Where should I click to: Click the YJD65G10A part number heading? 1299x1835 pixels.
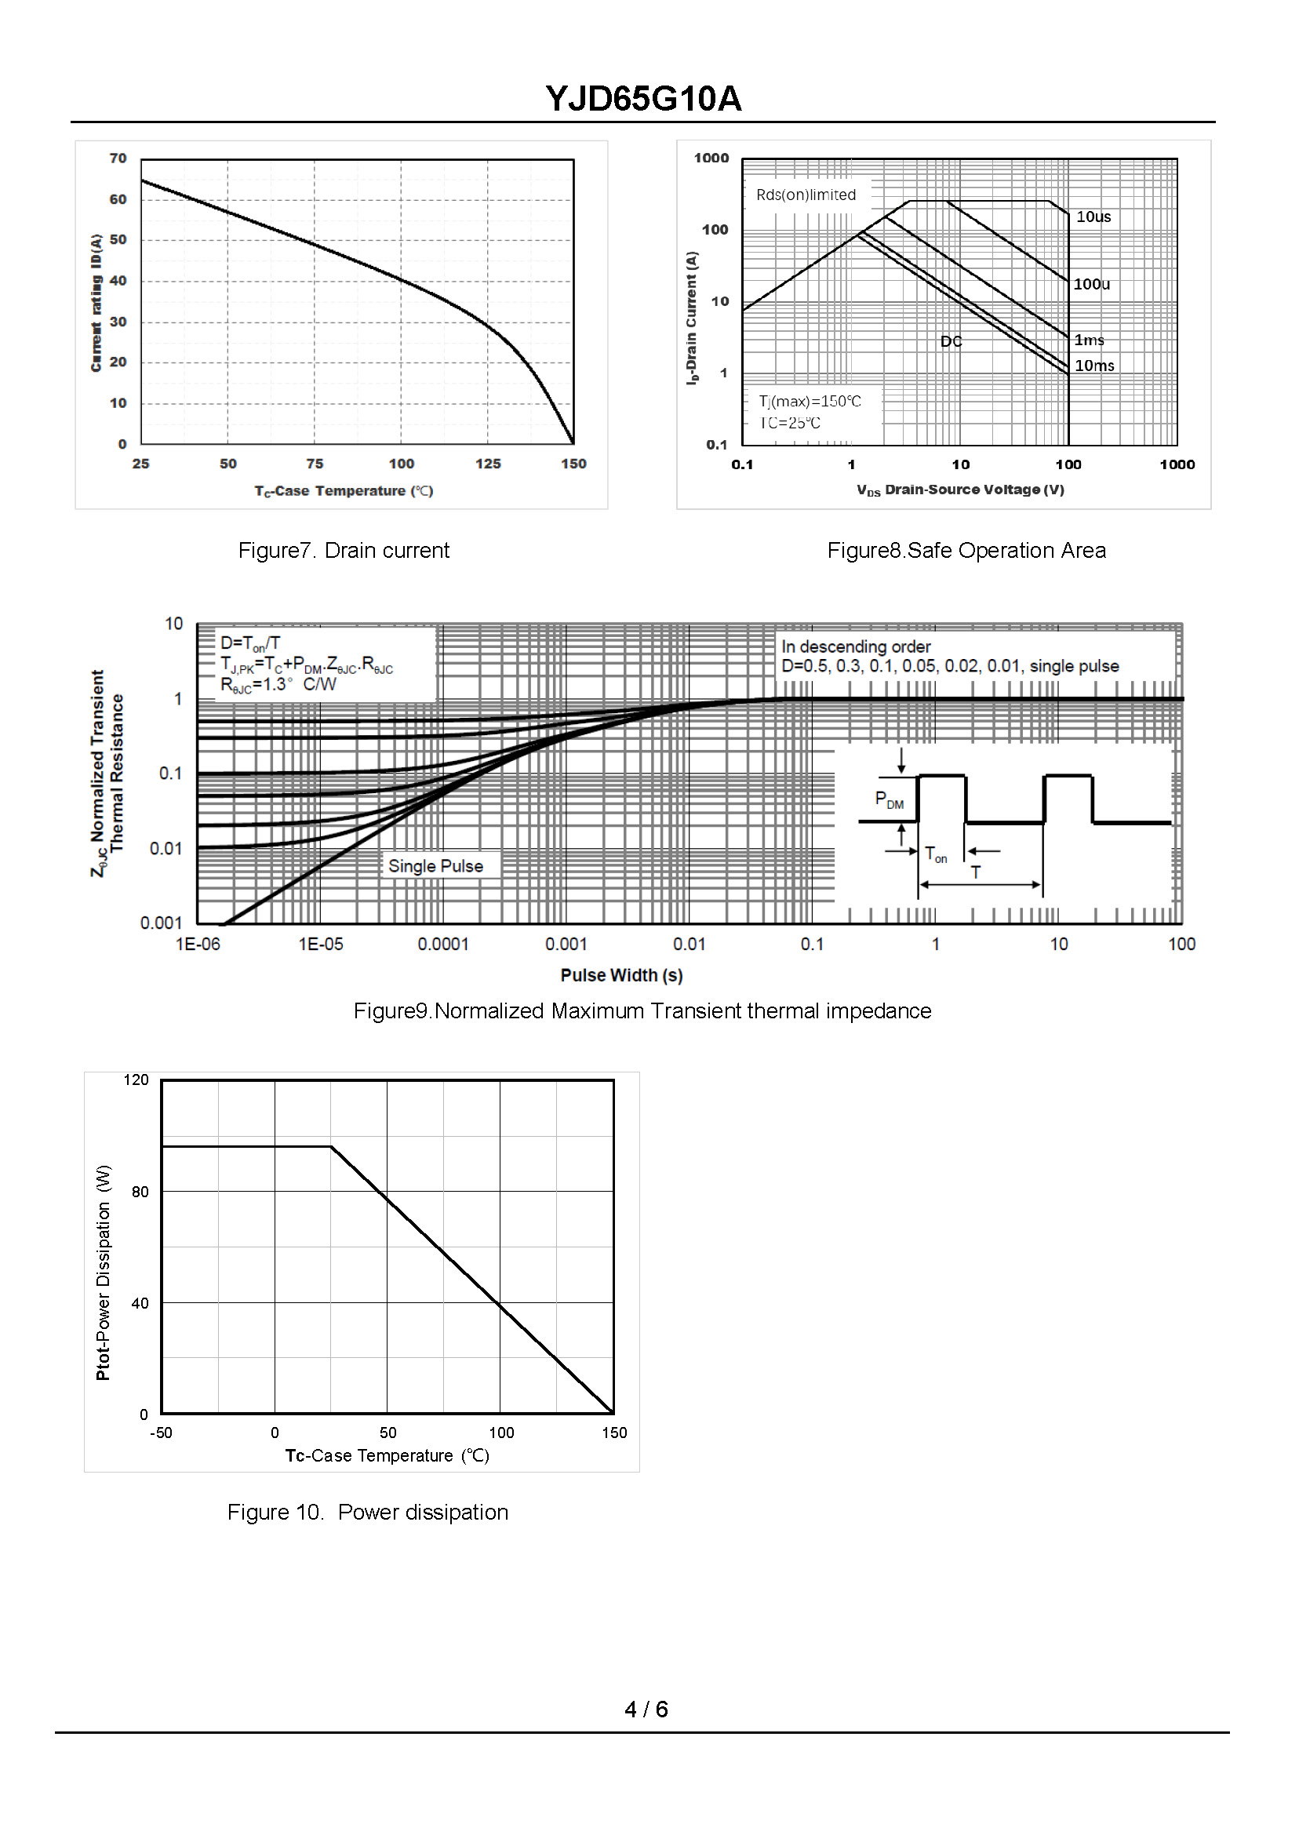click(x=643, y=99)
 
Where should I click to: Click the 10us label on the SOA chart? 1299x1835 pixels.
click(x=1093, y=217)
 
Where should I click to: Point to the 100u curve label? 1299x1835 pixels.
click(x=1091, y=284)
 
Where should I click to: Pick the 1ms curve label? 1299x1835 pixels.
click(x=1089, y=340)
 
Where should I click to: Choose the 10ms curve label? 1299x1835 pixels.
click(x=1093, y=366)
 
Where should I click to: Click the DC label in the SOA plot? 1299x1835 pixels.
click(x=950, y=341)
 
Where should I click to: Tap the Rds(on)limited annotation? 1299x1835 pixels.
click(x=806, y=195)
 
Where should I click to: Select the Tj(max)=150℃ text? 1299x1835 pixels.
click(x=810, y=401)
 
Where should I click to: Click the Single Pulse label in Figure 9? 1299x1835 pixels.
click(x=435, y=865)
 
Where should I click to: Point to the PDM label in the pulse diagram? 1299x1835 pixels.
click(x=889, y=799)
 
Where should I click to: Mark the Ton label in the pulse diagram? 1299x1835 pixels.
click(x=935, y=854)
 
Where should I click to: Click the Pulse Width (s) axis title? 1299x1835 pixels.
click(x=620, y=975)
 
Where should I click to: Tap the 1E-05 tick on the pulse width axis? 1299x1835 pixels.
click(x=321, y=944)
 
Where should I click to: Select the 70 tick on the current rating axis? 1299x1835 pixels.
click(x=118, y=158)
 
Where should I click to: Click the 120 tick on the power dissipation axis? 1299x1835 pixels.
click(x=136, y=1080)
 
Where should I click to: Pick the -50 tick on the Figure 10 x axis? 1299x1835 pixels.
click(x=161, y=1433)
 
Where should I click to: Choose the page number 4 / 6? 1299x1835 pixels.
click(x=646, y=1709)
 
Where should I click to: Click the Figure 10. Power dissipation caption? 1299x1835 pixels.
click(x=367, y=1512)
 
